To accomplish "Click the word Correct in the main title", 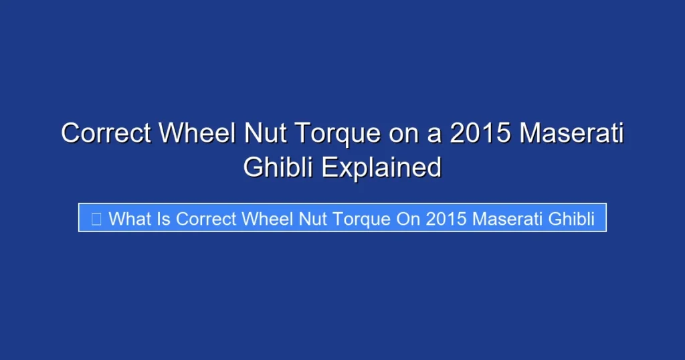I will tap(106, 134).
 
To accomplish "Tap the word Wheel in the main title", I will tap(196, 134).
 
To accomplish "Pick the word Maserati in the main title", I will tap(572, 134).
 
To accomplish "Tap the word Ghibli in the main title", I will tap(279, 167).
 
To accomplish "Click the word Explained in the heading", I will tap(381, 167).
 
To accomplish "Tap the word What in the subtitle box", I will tap(130, 218).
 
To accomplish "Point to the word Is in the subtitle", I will tap(165, 218).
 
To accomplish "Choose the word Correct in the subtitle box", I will tap(206, 218).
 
